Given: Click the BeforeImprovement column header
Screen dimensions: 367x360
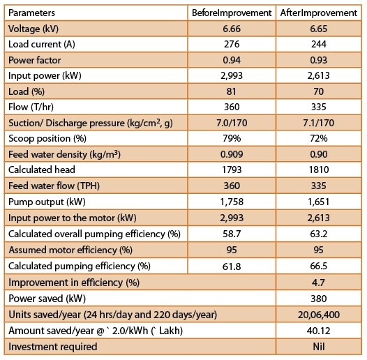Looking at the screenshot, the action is point(232,13).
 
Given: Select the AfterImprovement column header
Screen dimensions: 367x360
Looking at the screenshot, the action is point(319,13).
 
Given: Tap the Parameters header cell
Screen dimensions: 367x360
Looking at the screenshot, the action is point(31,13).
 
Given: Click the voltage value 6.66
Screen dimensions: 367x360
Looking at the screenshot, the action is point(232,29).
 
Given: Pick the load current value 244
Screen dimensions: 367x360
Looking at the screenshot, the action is point(319,44).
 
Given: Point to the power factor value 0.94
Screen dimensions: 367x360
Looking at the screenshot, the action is point(232,60).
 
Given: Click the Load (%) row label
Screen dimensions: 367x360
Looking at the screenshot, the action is point(27,91).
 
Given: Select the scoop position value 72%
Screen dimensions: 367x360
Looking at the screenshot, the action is point(319,138).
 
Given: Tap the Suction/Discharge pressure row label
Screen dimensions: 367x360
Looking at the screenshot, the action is point(91,123).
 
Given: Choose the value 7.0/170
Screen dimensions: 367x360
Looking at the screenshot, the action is point(232,123).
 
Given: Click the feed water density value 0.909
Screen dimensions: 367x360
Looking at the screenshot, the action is point(232,154).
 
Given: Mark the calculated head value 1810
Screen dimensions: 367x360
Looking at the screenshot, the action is point(319,170).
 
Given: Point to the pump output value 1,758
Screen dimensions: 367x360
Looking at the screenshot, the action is point(232,202).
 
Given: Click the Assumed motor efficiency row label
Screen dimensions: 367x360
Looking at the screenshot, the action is point(70,250).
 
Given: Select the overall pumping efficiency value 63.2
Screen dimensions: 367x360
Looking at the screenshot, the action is point(319,234).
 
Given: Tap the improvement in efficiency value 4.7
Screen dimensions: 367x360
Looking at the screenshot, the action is point(318,283).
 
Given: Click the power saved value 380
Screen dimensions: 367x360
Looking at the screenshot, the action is point(319,299).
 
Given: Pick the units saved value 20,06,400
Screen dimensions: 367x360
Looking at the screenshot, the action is point(319,315).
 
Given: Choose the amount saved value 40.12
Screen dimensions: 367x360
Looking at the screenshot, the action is point(319,331).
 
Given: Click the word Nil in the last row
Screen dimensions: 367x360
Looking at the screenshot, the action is point(319,347).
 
